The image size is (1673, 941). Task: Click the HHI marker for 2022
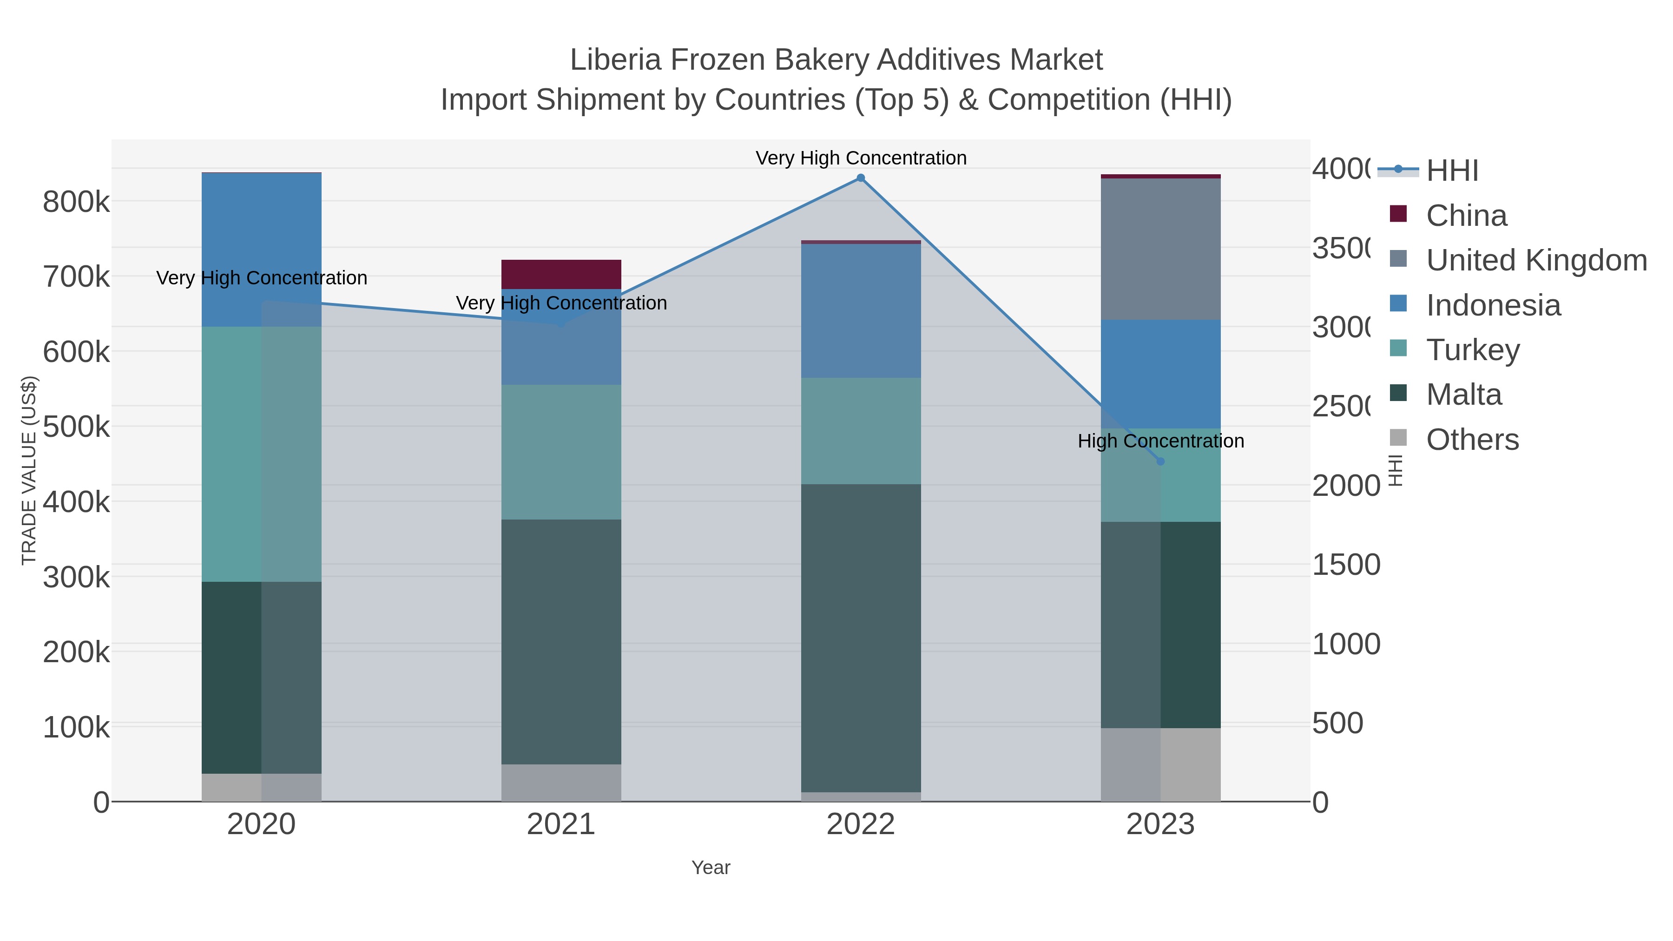pos(861,178)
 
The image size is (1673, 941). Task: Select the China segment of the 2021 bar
pos(561,274)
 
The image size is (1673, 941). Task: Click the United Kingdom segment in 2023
pos(1160,249)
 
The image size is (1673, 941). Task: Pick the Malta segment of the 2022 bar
pos(861,638)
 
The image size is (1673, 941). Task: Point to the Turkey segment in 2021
pos(561,452)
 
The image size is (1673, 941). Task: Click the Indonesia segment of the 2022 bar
pos(861,310)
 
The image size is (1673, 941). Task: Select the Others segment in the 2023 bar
pos(1160,764)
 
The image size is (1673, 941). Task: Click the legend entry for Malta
pos(1463,395)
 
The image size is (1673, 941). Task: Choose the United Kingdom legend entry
pos(1536,260)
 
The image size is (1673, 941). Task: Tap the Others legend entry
pos(1472,440)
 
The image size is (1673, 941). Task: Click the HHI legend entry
pos(1452,171)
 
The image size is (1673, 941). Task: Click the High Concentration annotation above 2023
pos(1160,441)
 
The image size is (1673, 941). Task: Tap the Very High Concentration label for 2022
pos(861,158)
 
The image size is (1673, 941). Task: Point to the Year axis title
pos(711,868)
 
